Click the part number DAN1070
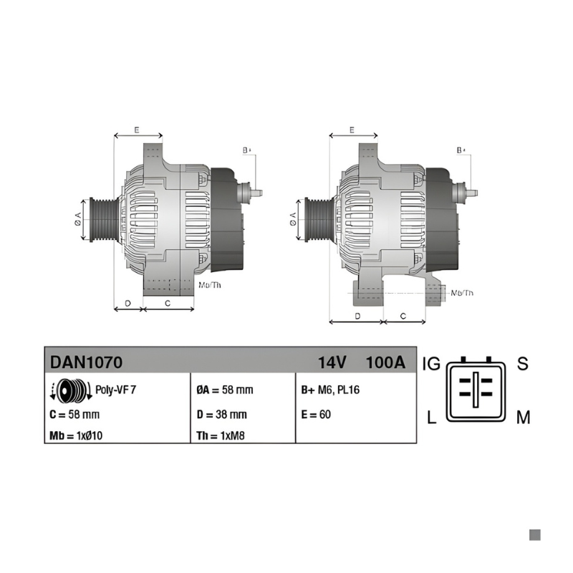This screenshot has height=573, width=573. [x=86, y=362]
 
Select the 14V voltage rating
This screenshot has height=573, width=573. [x=332, y=362]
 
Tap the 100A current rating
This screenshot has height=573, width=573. [x=385, y=362]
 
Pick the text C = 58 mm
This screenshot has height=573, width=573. [x=74, y=415]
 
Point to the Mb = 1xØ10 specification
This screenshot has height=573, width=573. [x=76, y=435]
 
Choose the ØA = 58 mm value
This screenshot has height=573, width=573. [x=225, y=390]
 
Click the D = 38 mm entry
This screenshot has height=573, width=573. [x=222, y=415]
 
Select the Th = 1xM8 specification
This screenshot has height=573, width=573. [x=221, y=435]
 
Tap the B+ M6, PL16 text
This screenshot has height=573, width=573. [x=330, y=390]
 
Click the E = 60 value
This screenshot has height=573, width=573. [x=316, y=415]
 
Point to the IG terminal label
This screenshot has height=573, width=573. [x=432, y=364]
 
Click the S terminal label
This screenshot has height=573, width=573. [x=523, y=364]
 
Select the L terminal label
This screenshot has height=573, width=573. [x=432, y=417]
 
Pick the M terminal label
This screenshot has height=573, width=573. [x=524, y=417]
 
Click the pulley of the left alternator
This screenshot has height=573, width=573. [x=104, y=220]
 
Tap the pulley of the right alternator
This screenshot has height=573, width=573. [x=319, y=220]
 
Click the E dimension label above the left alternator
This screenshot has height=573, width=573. [x=137, y=130]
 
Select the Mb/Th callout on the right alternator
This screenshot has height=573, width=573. [x=462, y=293]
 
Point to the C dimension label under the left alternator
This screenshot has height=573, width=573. [x=168, y=303]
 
